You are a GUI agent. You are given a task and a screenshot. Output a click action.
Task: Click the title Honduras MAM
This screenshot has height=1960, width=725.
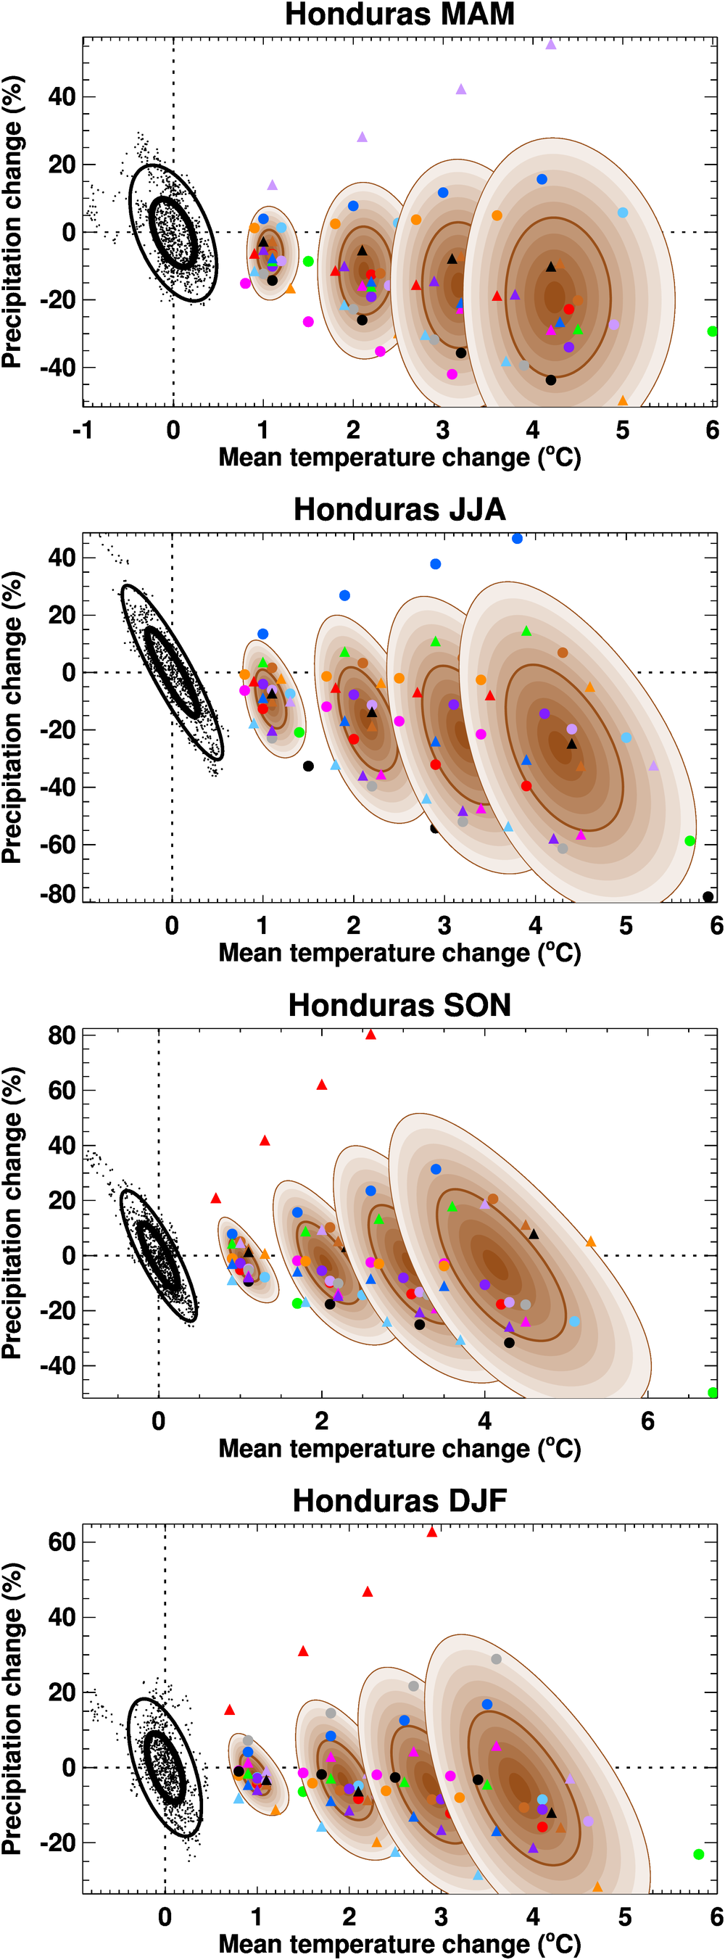(399, 15)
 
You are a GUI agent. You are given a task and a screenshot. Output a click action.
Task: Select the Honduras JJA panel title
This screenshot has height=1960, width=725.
(399, 509)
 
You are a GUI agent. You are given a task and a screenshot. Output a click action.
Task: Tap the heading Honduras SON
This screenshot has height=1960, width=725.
(399, 1005)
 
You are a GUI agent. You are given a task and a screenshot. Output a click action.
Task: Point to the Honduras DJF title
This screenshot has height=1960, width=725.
(399, 1500)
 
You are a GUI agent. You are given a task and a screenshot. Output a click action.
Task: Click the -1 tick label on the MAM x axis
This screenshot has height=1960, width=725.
(82, 430)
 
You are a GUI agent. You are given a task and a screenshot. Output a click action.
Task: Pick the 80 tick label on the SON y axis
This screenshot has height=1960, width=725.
(62, 1035)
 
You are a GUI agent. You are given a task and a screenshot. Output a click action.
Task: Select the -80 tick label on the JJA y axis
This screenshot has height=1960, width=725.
(58, 894)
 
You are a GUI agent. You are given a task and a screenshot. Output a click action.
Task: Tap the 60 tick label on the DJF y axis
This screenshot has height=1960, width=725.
(62, 1542)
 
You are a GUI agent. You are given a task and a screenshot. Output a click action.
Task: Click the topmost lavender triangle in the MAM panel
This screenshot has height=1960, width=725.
(551, 45)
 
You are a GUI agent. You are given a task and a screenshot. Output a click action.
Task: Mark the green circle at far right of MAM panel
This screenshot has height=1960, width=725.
(712, 331)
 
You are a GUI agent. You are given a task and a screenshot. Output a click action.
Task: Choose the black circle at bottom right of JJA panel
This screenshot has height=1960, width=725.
(708, 896)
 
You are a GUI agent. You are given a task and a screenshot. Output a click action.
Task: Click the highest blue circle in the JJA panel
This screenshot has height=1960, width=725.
(518, 539)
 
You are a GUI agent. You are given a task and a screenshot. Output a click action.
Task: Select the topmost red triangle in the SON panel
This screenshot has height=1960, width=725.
(370, 1034)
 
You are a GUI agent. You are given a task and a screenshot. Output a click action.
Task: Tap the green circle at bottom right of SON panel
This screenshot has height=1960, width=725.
(713, 1392)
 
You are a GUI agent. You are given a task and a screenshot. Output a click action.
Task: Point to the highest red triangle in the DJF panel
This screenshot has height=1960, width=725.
(432, 1531)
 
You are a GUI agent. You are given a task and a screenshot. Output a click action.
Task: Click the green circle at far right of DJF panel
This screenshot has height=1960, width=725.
(698, 1854)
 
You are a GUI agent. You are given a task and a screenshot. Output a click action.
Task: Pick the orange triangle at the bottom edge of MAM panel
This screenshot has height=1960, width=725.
(622, 401)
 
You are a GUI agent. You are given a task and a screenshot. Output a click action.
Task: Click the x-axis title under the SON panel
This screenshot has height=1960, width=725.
(399, 1448)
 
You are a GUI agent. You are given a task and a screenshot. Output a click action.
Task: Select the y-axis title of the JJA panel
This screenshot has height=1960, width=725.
(12, 717)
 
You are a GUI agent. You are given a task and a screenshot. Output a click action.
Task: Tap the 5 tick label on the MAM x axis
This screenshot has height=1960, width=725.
(622, 430)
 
